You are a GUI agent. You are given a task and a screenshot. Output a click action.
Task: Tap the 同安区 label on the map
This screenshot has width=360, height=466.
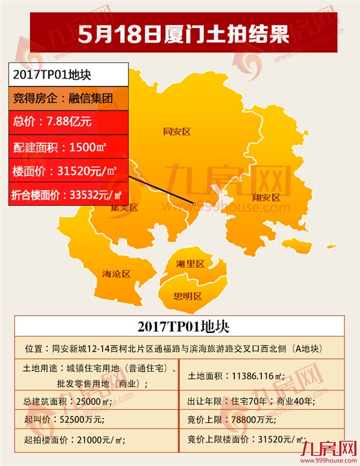click(177, 131)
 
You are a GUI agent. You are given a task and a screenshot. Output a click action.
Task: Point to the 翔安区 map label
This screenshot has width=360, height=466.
click(266, 198)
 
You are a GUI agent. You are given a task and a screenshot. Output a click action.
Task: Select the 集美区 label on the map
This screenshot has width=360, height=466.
click(125, 208)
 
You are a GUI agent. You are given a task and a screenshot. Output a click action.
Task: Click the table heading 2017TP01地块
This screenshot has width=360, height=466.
click(179, 327)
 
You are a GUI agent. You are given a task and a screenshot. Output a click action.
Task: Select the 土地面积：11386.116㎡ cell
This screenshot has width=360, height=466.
click(263, 376)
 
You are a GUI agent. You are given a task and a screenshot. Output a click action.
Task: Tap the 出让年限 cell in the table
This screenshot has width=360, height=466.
click(263, 401)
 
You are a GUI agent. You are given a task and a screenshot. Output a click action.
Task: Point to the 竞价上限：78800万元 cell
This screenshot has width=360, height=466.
click(263, 420)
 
